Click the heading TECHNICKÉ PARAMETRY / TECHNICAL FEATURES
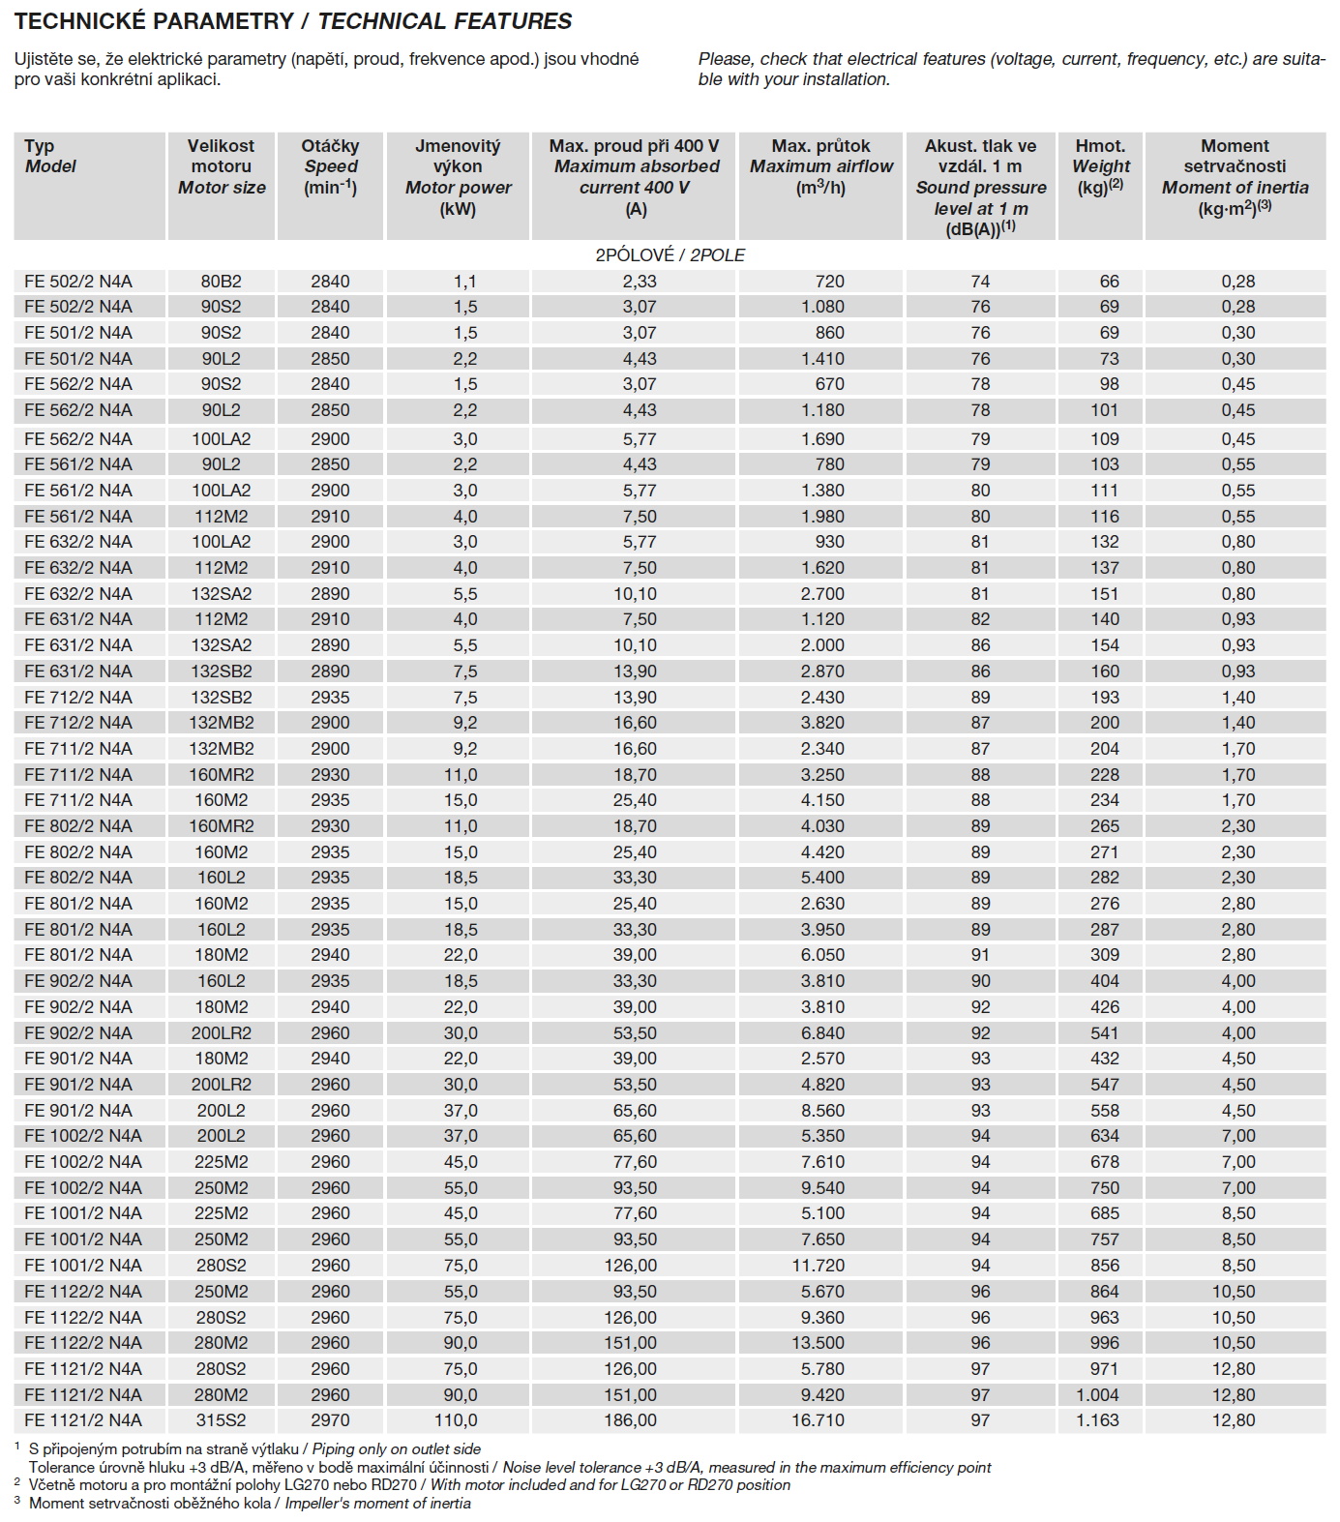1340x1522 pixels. click(293, 20)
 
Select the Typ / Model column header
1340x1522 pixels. click(50, 157)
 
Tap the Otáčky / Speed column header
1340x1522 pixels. click(330, 166)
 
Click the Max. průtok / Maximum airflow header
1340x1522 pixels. click(820, 166)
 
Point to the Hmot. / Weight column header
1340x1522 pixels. click(1100, 166)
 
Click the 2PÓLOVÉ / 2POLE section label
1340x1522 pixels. click(670, 255)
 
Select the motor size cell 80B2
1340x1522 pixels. click(221, 282)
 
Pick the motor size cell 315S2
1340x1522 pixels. click(221, 1420)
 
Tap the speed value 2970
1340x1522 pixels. click(330, 1420)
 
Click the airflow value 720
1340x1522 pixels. click(829, 282)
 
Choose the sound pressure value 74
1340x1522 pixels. click(980, 282)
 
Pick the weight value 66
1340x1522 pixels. click(1109, 282)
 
